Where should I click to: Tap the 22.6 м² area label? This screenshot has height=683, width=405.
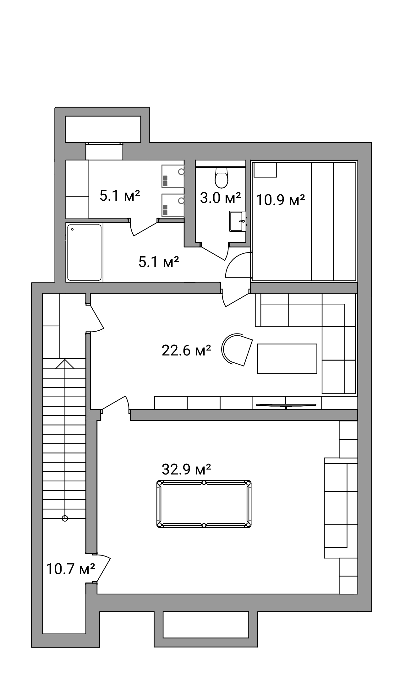186,350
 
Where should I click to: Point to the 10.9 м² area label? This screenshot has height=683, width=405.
281,200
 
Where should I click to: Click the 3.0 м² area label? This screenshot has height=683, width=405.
220,198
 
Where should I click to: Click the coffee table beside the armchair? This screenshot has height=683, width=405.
287,359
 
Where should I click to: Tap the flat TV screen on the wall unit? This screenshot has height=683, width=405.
286,405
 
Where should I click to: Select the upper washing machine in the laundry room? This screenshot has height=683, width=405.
172,176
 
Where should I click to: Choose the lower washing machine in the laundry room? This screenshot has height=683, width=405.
172,205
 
